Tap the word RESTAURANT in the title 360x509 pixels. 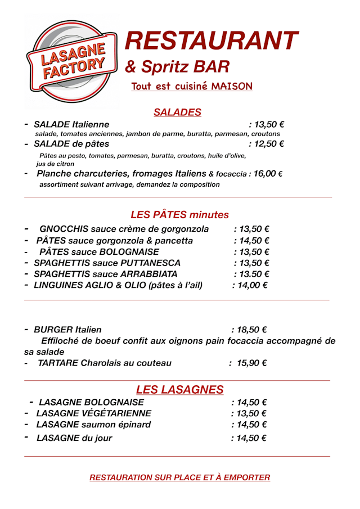click(x=211, y=40)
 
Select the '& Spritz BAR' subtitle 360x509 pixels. click(x=177, y=67)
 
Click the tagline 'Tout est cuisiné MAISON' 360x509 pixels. click(x=192, y=86)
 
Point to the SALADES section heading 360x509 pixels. click(x=177, y=112)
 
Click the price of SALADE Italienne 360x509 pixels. click(x=266, y=124)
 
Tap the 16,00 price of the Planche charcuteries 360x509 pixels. click(x=264, y=174)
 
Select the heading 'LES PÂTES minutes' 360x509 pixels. click(x=179, y=214)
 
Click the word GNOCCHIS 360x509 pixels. click(x=64, y=229)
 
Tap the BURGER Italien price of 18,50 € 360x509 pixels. click(x=249, y=330)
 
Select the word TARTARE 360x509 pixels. click(x=58, y=363)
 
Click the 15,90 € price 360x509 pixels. click(x=251, y=363)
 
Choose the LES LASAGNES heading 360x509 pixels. click(x=179, y=389)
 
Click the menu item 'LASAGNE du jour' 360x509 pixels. click(x=74, y=438)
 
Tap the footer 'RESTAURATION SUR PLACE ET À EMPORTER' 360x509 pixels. click(x=179, y=478)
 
